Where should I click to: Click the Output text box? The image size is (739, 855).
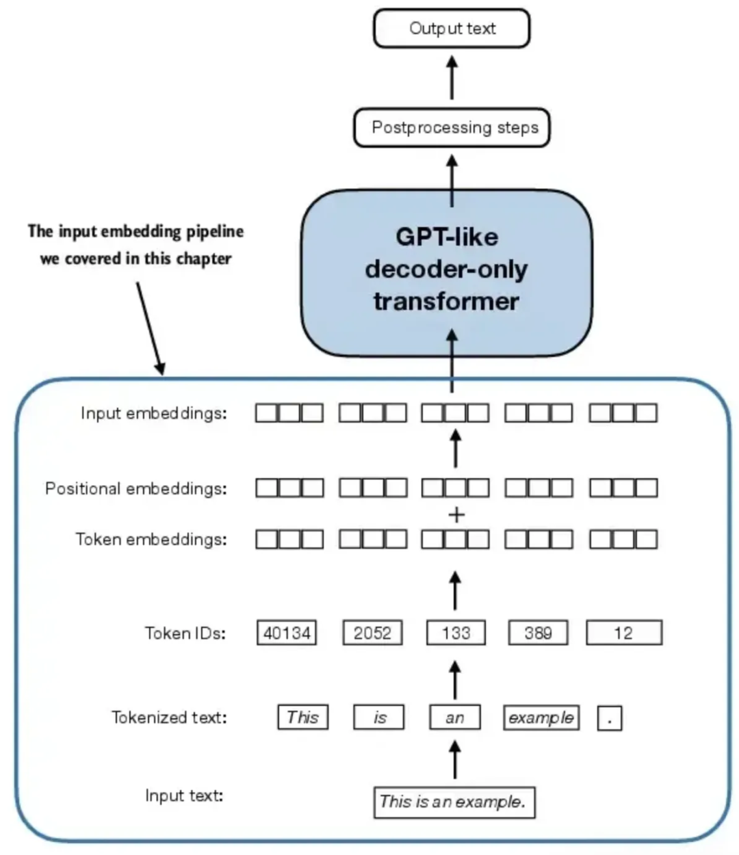452,28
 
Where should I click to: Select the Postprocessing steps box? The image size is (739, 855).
452,127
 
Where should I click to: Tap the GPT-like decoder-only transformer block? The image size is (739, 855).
446,273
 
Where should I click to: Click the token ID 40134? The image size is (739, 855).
286,633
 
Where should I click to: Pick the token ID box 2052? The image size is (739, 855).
372,633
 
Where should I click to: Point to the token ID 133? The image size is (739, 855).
456,633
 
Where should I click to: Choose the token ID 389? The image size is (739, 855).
538,633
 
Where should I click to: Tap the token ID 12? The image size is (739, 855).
624,633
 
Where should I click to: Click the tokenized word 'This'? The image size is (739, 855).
303,718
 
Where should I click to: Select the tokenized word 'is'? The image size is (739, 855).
378,718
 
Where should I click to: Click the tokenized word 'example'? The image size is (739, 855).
541,718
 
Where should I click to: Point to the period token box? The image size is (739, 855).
610,718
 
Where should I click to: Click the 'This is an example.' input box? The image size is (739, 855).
454,802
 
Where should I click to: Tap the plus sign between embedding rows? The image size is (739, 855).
456,515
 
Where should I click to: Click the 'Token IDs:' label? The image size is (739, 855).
185,633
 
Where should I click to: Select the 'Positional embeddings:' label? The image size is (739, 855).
136,488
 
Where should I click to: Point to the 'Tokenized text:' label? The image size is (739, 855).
169,718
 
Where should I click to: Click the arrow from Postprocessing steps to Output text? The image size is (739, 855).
452,78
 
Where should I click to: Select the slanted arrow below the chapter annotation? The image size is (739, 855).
151,329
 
